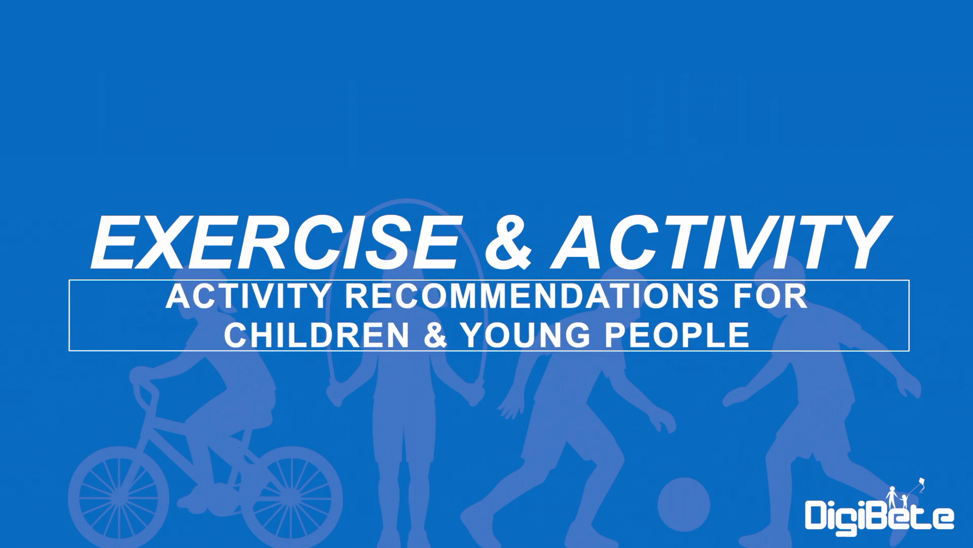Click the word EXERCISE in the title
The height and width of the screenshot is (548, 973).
(277, 242)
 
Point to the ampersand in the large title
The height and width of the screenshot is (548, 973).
(508, 243)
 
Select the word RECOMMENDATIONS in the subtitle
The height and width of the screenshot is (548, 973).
(532, 296)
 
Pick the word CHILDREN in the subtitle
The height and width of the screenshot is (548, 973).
(316, 335)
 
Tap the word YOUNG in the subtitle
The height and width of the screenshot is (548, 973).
(526, 335)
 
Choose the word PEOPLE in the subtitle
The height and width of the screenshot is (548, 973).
(677, 335)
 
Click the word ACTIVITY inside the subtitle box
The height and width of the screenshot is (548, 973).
(248, 296)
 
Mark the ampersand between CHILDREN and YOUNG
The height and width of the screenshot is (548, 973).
(435, 335)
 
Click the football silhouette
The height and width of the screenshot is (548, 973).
(684, 503)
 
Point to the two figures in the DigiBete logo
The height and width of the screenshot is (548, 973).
(897, 498)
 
